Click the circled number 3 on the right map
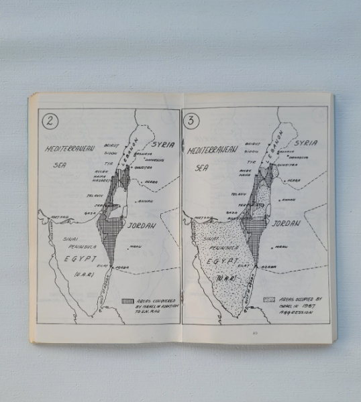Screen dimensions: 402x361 pos(191,121)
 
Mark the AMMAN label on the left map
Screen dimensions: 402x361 pos(146,200)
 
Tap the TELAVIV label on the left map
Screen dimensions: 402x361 pos(94,194)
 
